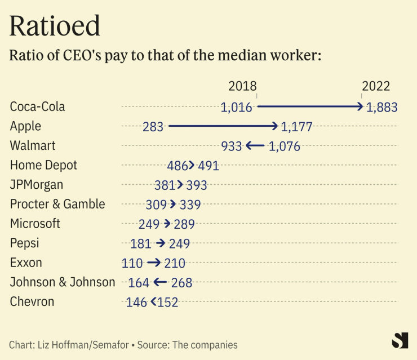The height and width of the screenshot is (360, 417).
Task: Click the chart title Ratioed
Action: (55, 26)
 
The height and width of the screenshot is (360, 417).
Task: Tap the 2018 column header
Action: (242, 86)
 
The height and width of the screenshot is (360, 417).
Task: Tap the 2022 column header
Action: (376, 86)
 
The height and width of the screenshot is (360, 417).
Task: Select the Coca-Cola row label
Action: (38, 106)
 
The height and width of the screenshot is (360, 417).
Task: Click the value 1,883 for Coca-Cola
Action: (381, 107)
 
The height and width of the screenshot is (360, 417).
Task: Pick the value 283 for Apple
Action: (153, 127)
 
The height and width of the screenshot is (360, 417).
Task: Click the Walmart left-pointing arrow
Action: (255, 146)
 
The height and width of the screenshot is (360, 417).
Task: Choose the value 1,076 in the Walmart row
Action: (285, 146)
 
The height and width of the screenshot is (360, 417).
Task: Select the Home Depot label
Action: (43, 165)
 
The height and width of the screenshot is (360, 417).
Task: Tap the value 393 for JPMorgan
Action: (197, 185)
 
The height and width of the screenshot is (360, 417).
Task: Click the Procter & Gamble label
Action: (57, 204)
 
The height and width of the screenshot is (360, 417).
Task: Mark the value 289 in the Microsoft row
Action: (184, 224)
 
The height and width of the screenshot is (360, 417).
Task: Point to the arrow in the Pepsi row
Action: (161, 243)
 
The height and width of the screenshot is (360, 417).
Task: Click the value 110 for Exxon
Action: (132, 263)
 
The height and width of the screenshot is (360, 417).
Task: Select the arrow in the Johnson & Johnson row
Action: (160, 282)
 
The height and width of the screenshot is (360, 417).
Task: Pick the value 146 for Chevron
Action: (137, 302)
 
